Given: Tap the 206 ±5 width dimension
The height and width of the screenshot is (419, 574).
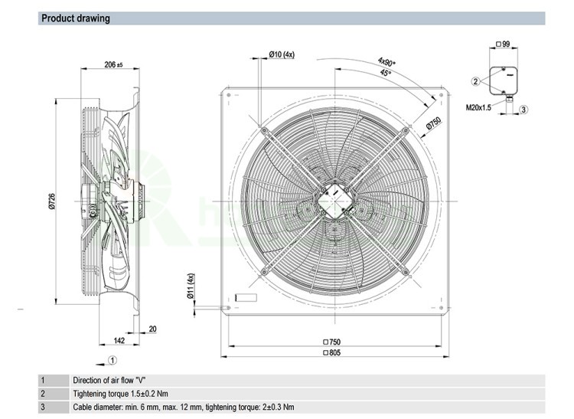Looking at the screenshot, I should (113, 65).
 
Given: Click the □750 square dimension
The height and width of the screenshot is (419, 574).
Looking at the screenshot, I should (331, 342).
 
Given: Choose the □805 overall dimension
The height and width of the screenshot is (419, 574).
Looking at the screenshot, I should (331, 352).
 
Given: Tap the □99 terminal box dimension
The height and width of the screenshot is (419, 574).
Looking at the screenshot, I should (503, 44).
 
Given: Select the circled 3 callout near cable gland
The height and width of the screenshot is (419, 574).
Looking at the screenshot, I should (523, 110).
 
